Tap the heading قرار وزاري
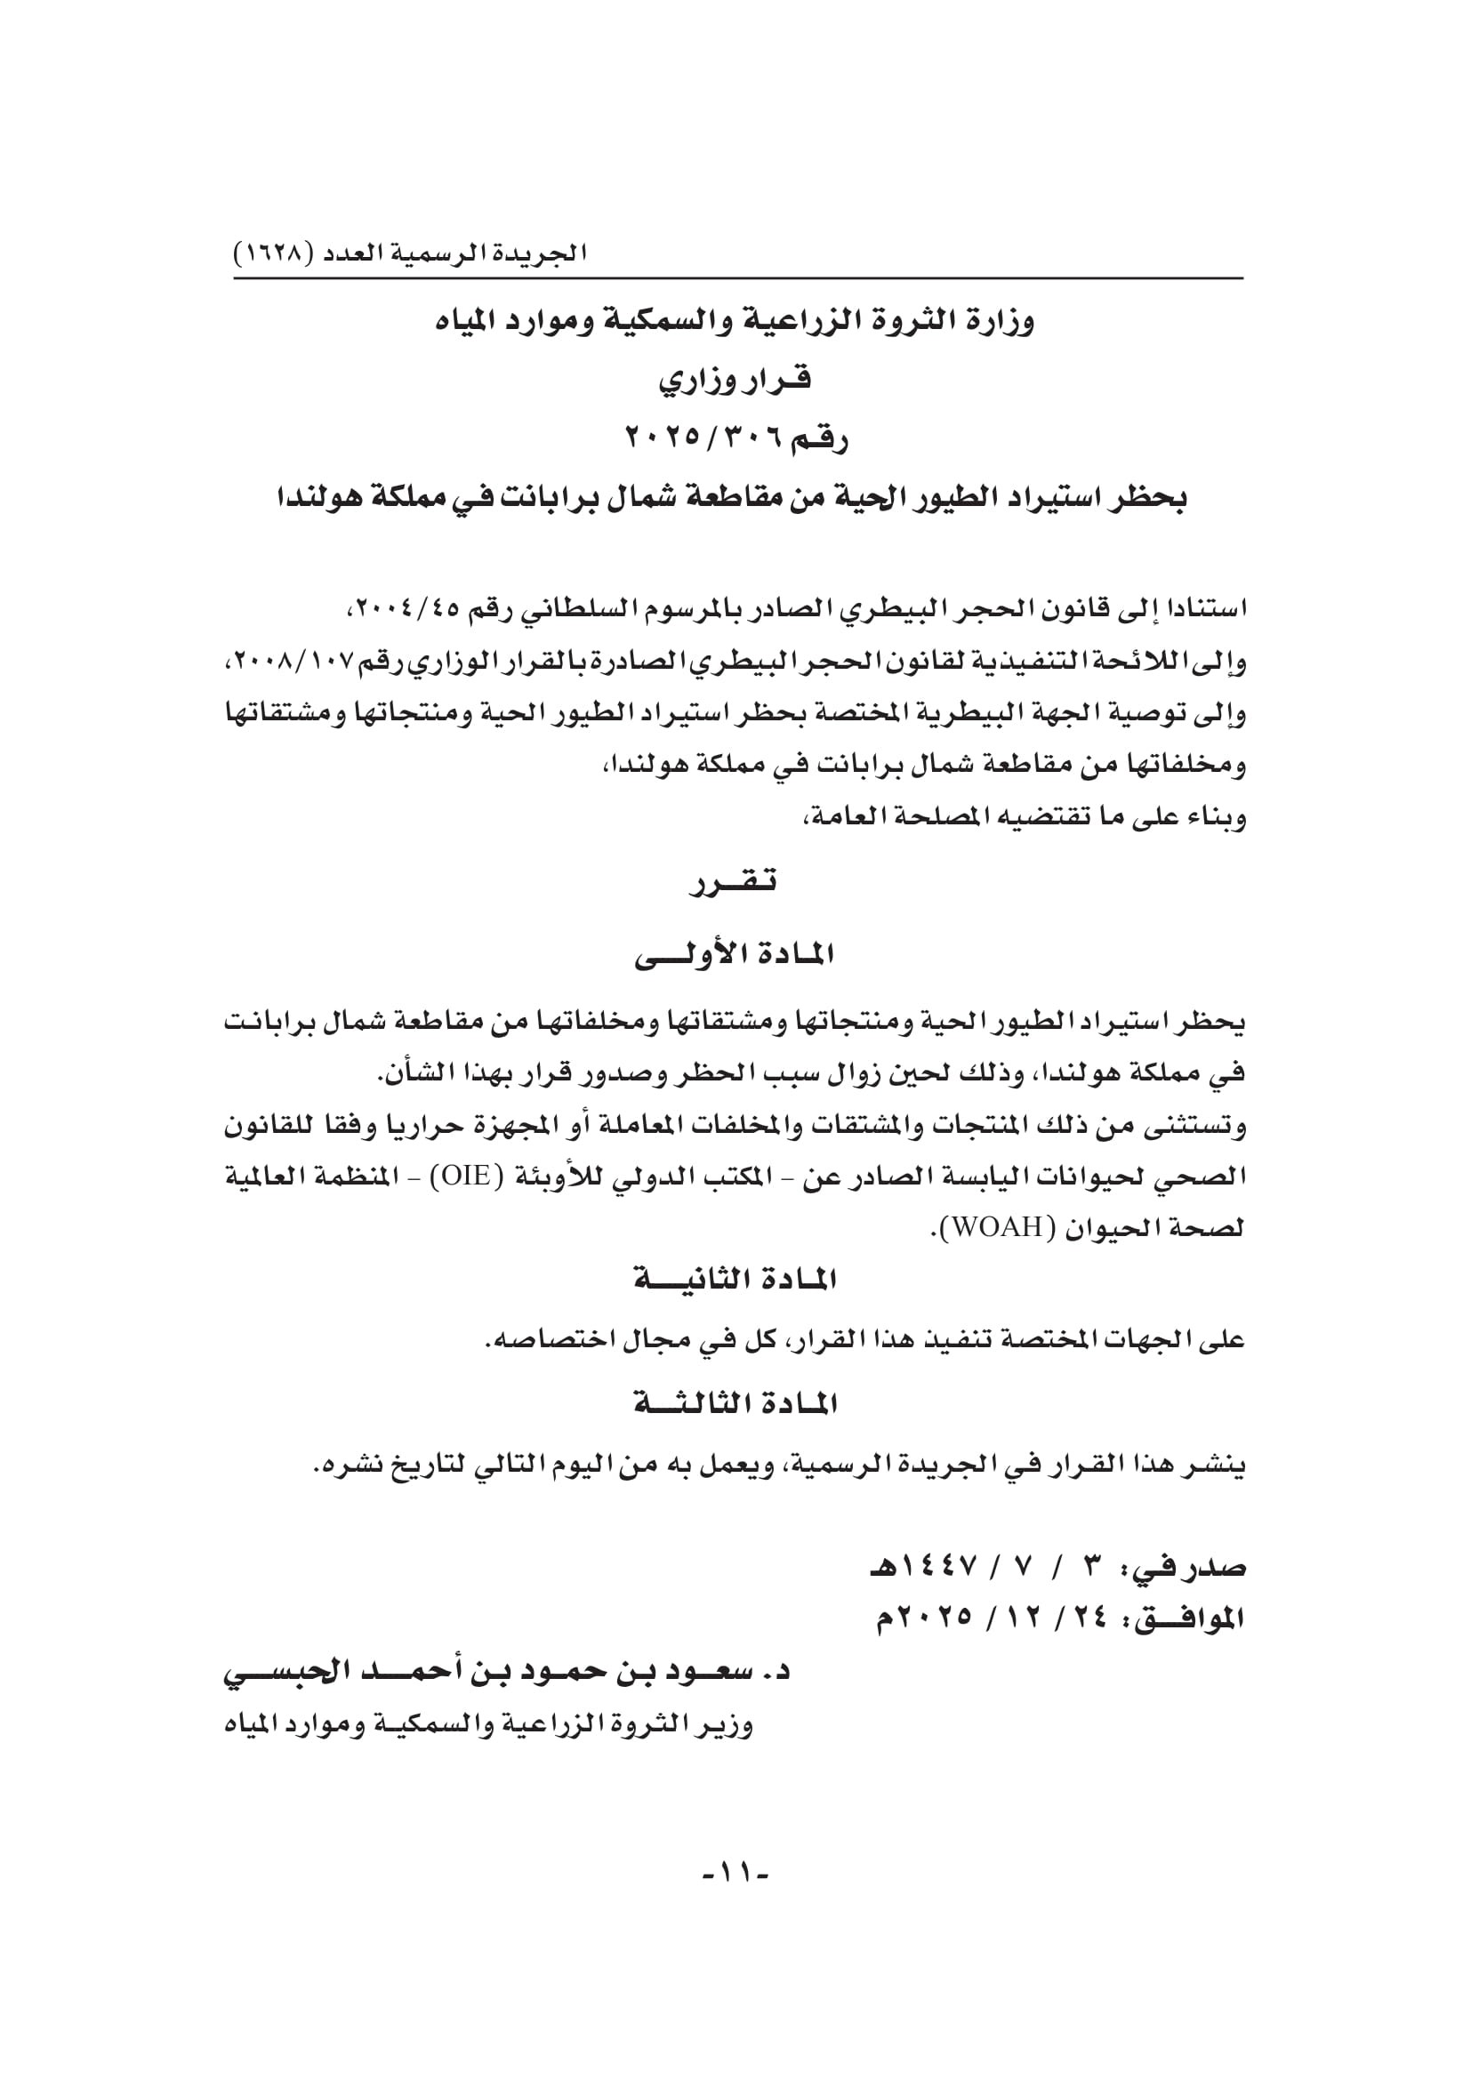coord(735,380)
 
